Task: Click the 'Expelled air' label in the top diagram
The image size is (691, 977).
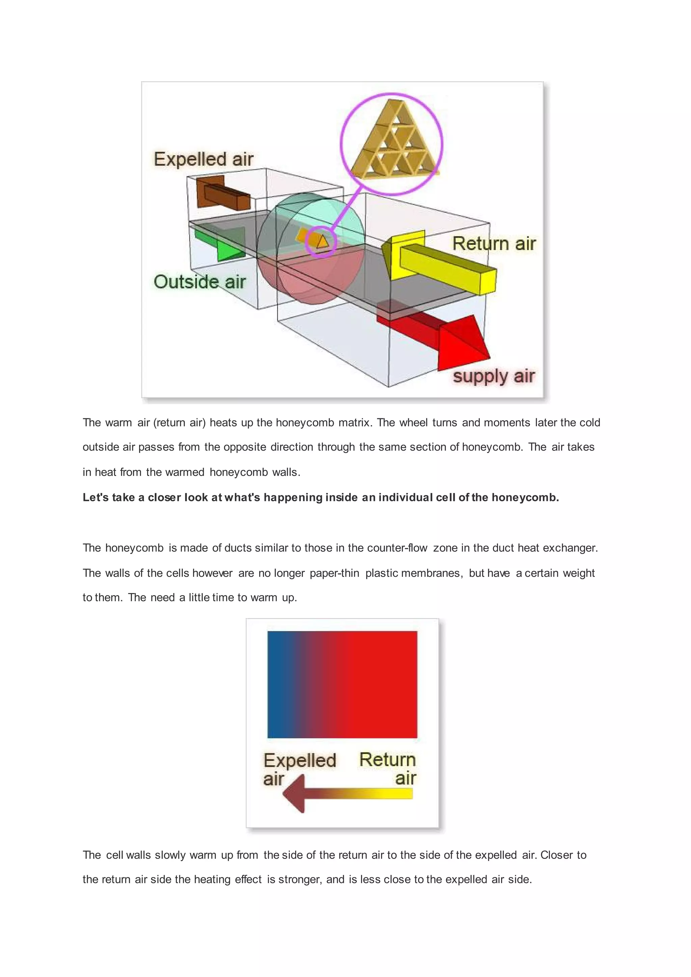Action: point(203,160)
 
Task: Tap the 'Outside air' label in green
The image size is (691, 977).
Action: point(199,282)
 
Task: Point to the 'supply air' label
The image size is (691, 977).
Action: point(493,376)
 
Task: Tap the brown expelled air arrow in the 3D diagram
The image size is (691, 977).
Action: point(221,194)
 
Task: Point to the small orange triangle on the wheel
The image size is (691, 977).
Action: point(322,241)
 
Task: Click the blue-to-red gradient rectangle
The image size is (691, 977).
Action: point(342,684)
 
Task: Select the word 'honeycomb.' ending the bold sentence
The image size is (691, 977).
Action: point(525,497)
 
